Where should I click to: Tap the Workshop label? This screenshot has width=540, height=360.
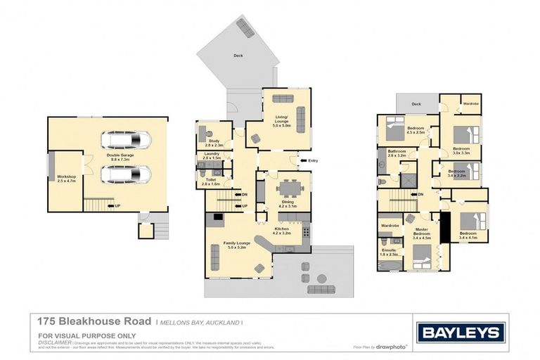click(66, 178)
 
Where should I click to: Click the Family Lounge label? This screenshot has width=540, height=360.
click(227, 243)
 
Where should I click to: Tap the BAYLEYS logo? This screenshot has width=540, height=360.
click(460, 333)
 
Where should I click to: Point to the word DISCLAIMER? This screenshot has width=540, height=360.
click(55, 342)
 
